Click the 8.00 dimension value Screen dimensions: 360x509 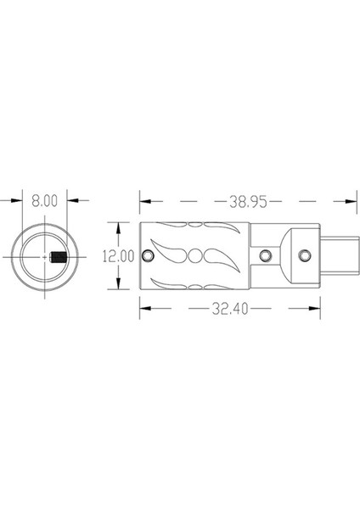point(44,201)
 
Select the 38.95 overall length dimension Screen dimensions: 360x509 point(248,202)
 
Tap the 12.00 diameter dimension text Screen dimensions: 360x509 point(118,256)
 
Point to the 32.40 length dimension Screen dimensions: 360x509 point(230,309)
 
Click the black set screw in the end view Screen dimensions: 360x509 point(59,257)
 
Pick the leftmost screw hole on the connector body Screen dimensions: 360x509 point(148,256)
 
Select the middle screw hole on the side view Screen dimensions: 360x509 point(266,256)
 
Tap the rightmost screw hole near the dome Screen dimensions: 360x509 point(305,256)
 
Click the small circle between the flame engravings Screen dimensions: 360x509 point(195,256)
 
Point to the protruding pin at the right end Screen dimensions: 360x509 point(340,256)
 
